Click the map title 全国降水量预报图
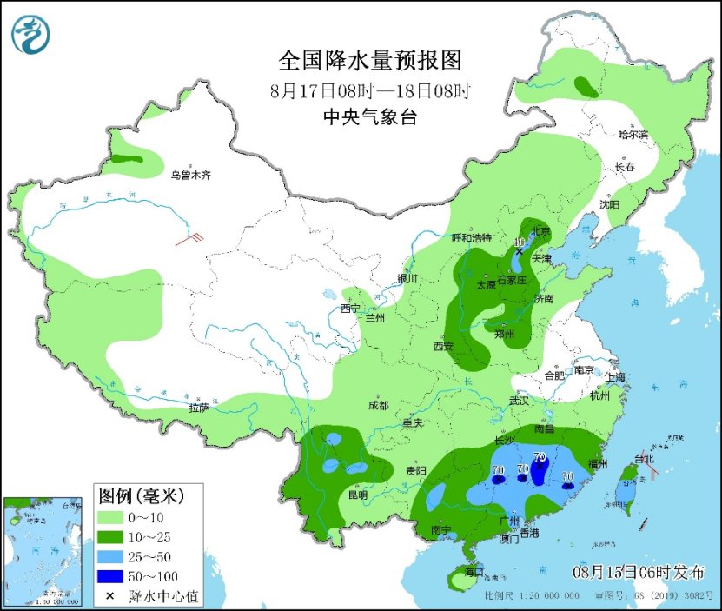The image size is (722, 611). click(x=369, y=60)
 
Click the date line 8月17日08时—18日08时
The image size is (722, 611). click(x=369, y=90)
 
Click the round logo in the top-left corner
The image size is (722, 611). click(x=30, y=34)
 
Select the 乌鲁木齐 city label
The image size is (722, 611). click(x=189, y=175)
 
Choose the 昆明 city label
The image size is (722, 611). click(x=357, y=495)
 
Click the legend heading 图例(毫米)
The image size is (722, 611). click(x=141, y=497)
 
